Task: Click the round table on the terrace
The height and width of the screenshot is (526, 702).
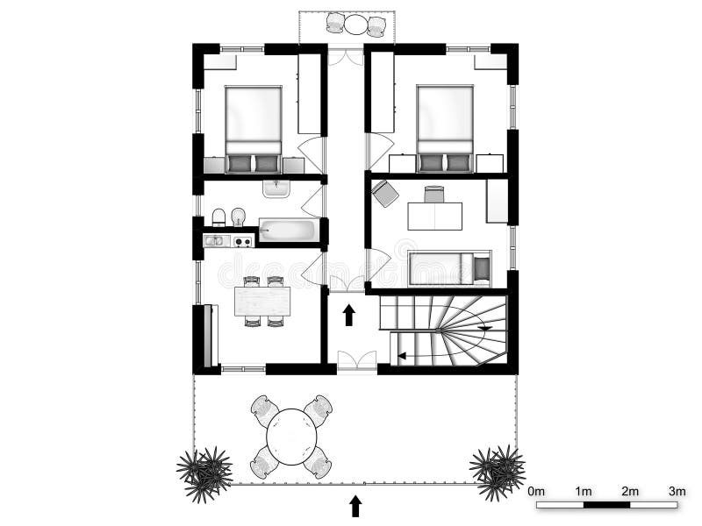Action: coord(291,437)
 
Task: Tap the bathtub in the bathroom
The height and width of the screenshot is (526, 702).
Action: coord(288,231)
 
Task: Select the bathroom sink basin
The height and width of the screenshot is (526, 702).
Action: coord(276,188)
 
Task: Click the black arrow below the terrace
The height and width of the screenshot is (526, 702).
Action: coord(355,506)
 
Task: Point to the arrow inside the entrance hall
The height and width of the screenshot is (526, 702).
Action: coord(348,315)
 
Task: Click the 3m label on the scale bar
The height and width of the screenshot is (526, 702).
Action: coord(677,491)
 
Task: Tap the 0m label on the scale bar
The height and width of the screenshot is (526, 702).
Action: coord(537,491)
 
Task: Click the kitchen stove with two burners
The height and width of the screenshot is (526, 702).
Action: coord(241,240)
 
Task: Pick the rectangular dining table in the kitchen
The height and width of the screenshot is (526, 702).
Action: coord(262,302)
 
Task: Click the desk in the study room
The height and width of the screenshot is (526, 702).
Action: coord(434,216)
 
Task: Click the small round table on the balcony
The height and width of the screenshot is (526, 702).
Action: coord(355,25)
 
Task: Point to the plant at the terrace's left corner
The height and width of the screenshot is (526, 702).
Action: coord(205,473)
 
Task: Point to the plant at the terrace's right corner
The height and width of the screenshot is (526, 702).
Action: coord(498,472)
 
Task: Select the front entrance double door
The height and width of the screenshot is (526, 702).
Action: coord(357,360)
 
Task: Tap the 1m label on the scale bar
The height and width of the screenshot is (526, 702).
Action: coord(584,491)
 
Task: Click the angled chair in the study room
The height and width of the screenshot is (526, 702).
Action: coord(385,194)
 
